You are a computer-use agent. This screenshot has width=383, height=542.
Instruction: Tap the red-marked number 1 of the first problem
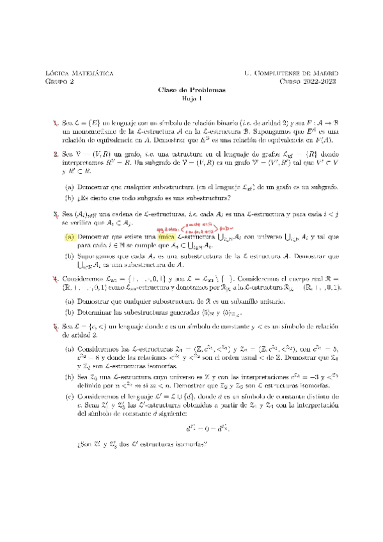click(56, 121)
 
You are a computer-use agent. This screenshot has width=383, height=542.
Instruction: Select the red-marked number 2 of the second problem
click(56, 154)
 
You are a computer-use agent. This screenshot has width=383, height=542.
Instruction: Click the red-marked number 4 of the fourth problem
click(56, 279)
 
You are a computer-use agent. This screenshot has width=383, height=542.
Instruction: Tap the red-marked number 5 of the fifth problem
click(56, 326)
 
